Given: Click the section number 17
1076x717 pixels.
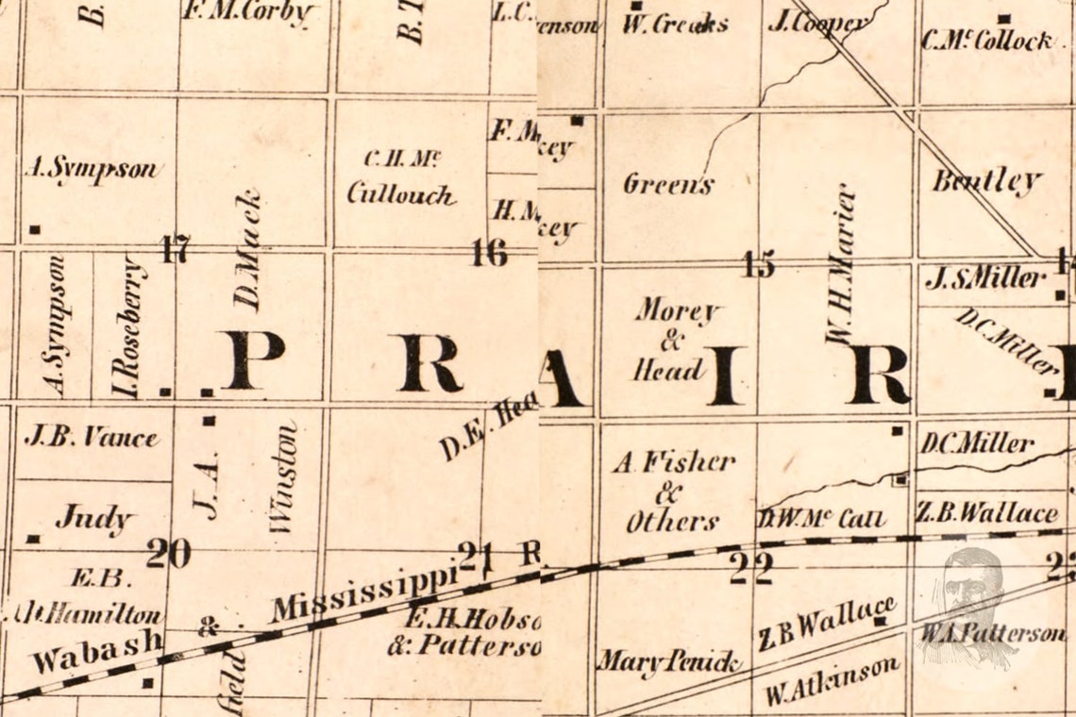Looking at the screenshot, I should pos(176,250).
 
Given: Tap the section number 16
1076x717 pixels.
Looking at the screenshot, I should pos(489,252).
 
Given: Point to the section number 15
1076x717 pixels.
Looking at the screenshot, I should pos(758,265).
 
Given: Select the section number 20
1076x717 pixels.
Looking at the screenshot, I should pos(169,553).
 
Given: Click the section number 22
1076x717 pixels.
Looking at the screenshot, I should pos(751,568).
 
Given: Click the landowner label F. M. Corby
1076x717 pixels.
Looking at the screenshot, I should pos(248,12).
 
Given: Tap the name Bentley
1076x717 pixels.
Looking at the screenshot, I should pos(986,180).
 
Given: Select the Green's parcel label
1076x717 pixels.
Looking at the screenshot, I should pos(668,184).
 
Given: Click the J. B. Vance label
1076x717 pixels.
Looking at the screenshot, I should pos(92,437).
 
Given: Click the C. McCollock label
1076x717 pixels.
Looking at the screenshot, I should pos(986,41).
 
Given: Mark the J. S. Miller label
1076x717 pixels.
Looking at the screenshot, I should pos(985,278).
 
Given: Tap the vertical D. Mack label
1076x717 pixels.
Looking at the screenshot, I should pos(247,250).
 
